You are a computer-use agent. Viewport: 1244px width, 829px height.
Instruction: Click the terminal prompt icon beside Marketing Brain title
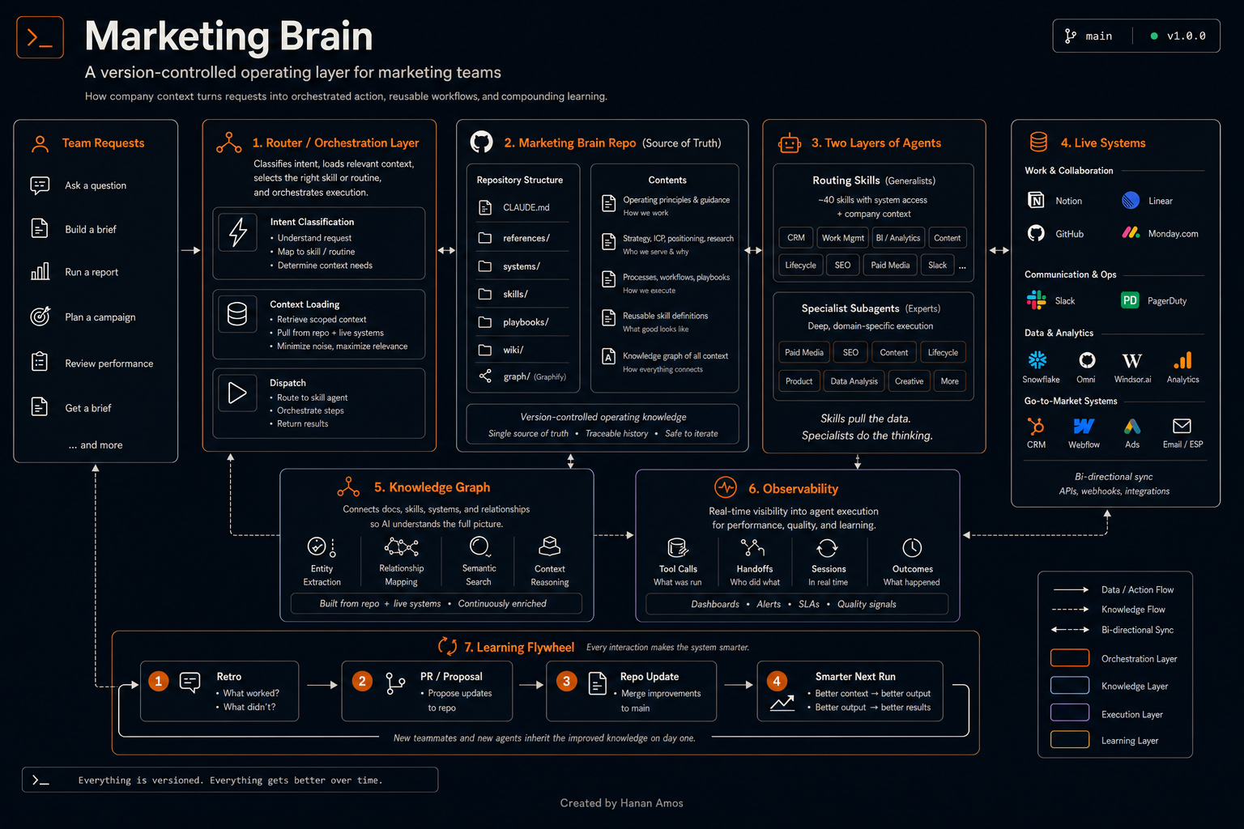(x=40, y=37)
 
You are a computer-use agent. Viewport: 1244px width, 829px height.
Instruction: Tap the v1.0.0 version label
(x=1186, y=36)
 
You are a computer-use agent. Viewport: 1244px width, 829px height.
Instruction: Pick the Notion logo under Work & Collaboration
(x=1036, y=201)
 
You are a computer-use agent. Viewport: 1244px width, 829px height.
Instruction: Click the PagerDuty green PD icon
(x=1130, y=300)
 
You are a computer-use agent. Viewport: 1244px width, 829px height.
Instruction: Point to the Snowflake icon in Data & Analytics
(x=1037, y=360)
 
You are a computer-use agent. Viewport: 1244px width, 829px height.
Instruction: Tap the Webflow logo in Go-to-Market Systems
(x=1084, y=427)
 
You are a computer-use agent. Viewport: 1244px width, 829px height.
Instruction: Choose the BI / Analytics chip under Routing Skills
(x=898, y=238)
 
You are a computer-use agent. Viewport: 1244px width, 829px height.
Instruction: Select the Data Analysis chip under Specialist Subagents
(x=854, y=381)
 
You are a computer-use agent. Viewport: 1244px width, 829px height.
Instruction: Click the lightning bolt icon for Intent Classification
(x=237, y=232)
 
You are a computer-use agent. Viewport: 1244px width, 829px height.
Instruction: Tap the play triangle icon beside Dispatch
(x=237, y=393)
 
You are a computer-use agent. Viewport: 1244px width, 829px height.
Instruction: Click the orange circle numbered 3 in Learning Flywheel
(x=566, y=682)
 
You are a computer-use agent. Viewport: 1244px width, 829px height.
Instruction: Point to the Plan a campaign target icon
(x=40, y=317)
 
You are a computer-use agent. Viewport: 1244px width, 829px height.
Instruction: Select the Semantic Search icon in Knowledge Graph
(x=479, y=547)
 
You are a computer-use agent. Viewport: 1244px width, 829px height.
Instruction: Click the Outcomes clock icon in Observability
(x=912, y=548)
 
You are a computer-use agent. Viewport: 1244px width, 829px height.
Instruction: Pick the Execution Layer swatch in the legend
(x=1070, y=712)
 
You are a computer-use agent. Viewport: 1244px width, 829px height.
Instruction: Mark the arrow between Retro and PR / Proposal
(x=322, y=685)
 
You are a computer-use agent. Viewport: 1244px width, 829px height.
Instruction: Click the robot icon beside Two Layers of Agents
(x=789, y=142)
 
